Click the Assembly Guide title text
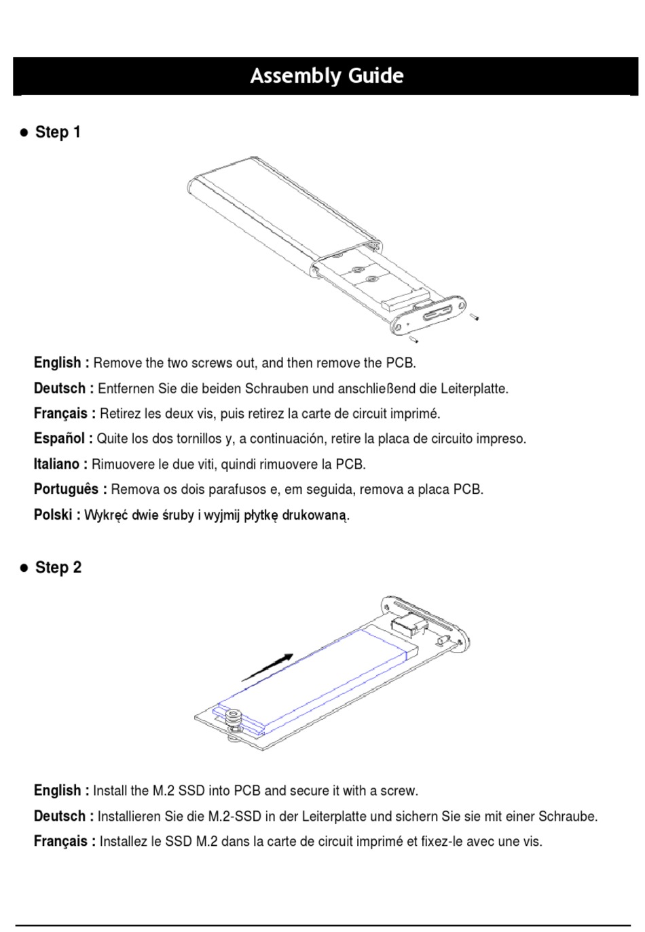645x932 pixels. [x=327, y=76]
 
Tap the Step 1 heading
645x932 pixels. [x=58, y=132]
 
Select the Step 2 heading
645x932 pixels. [x=58, y=568]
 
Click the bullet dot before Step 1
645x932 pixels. [x=24, y=133]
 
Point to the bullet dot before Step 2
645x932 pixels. [x=24, y=568]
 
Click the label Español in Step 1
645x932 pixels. [x=60, y=438]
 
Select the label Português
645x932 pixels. [x=67, y=489]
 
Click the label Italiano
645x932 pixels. [x=56, y=463]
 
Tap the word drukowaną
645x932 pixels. [x=314, y=515]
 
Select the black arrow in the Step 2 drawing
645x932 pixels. [x=267, y=667]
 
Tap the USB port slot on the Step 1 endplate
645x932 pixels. [x=438, y=313]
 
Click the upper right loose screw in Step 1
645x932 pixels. [x=474, y=317]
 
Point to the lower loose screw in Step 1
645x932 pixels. [x=413, y=340]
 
